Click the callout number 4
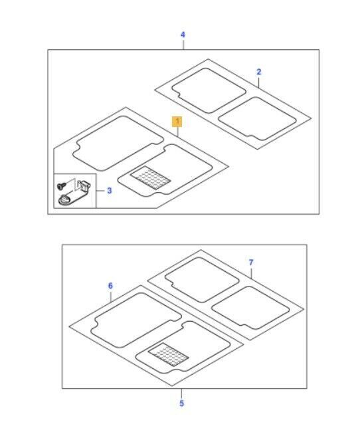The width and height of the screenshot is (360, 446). (x=183, y=35)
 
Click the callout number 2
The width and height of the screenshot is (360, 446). (x=258, y=72)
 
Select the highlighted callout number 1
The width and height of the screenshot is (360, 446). (x=177, y=122)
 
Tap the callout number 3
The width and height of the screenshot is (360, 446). (x=110, y=191)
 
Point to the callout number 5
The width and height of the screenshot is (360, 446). (x=181, y=403)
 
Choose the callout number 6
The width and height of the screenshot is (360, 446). (x=110, y=286)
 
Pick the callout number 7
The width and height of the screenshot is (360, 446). (x=250, y=263)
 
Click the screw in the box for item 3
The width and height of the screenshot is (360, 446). (x=61, y=185)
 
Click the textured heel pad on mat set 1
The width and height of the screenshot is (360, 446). (x=150, y=177)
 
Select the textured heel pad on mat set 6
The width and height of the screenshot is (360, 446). (x=168, y=354)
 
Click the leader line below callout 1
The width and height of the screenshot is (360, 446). (x=177, y=132)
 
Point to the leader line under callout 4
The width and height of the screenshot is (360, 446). (x=183, y=45)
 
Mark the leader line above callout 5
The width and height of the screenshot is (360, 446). (x=181, y=393)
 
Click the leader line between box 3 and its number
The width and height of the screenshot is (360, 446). (x=100, y=191)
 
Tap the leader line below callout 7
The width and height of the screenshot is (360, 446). (x=251, y=273)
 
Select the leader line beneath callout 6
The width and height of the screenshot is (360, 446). (x=110, y=296)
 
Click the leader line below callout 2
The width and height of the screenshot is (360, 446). (x=258, y=82)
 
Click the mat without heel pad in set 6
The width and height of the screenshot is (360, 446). (x=135, y=320)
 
